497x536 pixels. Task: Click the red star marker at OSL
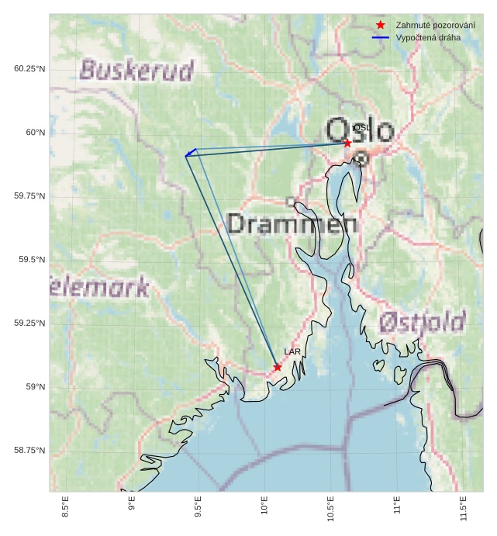(347, 143)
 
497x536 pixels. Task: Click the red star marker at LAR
(278, 367)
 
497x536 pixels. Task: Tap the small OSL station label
(361, 128)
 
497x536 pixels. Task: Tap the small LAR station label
(292, 352)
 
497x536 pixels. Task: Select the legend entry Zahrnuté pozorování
(435, 25)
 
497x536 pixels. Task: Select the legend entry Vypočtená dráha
(428, 37)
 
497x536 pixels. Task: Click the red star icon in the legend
(380, 25)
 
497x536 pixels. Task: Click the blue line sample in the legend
(380, 37)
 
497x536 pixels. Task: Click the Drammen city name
(292, 225)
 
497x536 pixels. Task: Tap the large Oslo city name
(360, 130)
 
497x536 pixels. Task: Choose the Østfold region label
(423, 321)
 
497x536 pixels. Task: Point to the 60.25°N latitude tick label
(29, 69)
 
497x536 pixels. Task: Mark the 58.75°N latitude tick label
(29, 451)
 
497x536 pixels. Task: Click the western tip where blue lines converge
(186, 156)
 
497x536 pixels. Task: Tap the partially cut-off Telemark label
(98, 289)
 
